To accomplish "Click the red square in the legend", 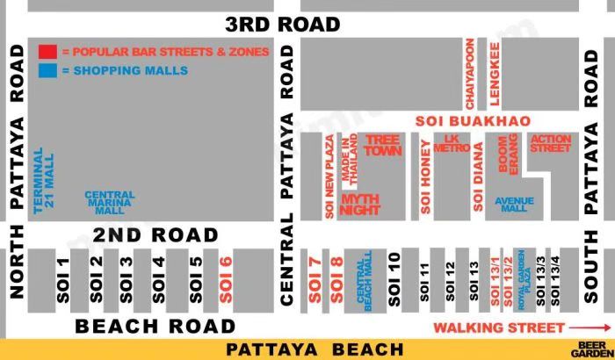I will pyautogui.click(x=47, y=52).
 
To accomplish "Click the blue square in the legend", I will pyautogui.click(x=47, y=70).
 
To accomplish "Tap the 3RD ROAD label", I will pyautogui.click(x=282, y=24).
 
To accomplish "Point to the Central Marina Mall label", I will pyautogui.click(x=110, y=202).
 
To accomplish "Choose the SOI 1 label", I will pyautogui.click(x=62, y=279).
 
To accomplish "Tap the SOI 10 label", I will pyautogui.click(x=394, y=279).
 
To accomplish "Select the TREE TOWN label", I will pyautogui.click(x=382, y=145).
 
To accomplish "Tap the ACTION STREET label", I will pyautogui.click(x=550, y=143).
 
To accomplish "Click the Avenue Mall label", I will pyautogui.click(x=515, y=204).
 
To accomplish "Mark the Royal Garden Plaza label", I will pyautogui.click(x=525, y=279).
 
